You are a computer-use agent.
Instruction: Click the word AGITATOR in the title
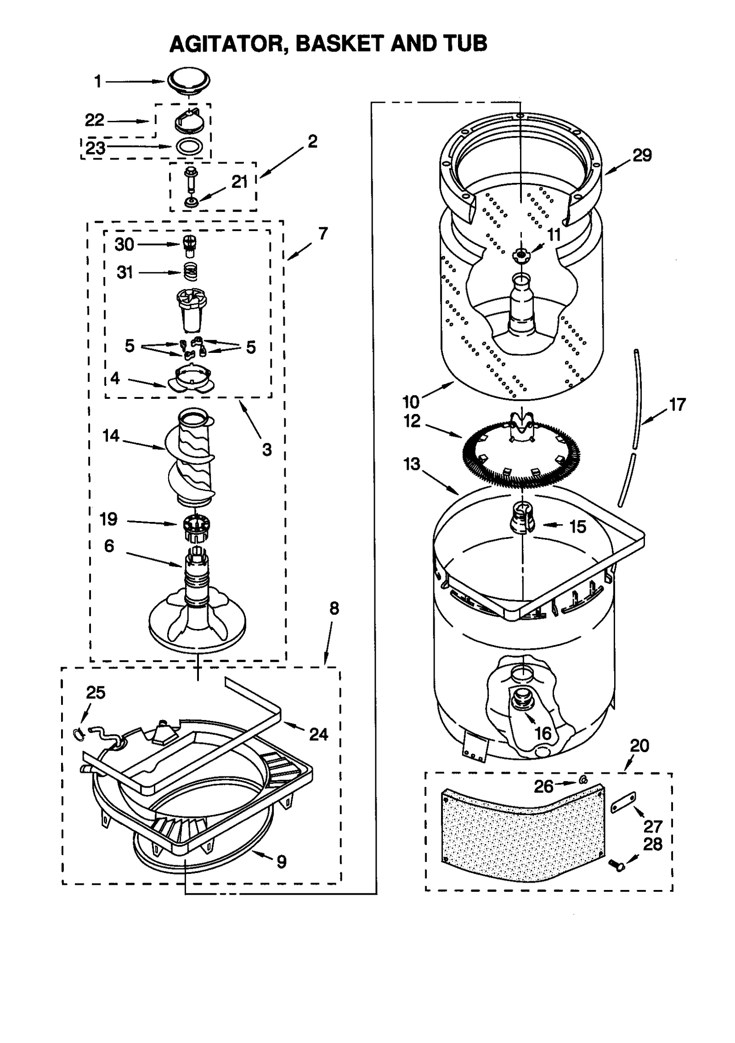(x=228, y=44)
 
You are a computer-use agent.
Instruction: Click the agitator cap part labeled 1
(x=189, y=81)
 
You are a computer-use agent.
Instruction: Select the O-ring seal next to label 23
(x=189, y=147)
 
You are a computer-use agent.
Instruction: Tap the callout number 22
(x=95, y=120)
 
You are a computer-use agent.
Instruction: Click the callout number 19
(x=109, y=519)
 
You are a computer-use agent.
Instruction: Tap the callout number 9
(x=282, y=862)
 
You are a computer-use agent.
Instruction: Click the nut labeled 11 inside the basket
(x=521, y=254)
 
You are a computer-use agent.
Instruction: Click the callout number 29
(x=642, y=156)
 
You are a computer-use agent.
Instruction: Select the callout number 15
(x=577, y=527)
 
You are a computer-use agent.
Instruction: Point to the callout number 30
(x=124, y=244)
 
